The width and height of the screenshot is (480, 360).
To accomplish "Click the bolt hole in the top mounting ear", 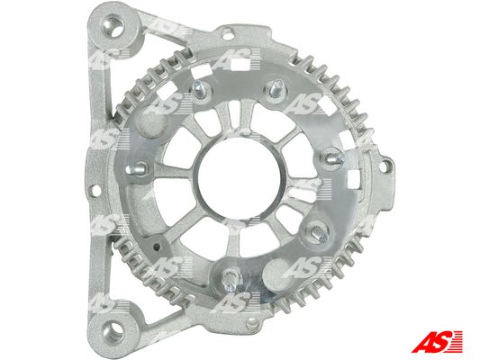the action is (x=113, y=26).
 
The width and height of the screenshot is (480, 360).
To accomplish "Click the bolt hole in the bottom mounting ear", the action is (x=113, y=332).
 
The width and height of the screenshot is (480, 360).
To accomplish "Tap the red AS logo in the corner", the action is (x=437, y=341).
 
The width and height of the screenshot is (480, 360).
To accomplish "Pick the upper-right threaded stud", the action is (x=276, y=88).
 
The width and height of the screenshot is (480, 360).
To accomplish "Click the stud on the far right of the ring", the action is (x=334, y=157).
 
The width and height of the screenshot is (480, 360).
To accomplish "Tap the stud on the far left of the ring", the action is (x=137, y=168).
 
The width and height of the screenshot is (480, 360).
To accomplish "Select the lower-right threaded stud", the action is (x=319, y=233).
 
